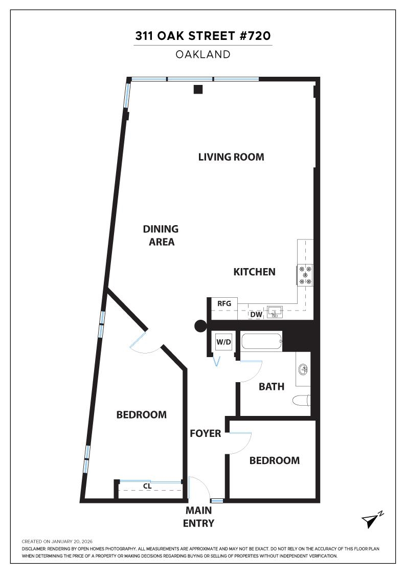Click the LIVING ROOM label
pos(231,157)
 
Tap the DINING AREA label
pos(161,235)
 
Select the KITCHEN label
pos(254,272)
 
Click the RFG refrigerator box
pos(224,303)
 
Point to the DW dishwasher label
pos(256,315)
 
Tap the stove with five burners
pos(306,275)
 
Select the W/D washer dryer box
pos(222,341)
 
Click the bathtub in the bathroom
pos(261,342)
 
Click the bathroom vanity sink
pos(303,368)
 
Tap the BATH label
pos(271,387)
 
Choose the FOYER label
pos(205,434)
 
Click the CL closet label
pos(147,486)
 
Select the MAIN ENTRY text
pos(198,517)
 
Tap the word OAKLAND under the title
pos(203,54)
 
